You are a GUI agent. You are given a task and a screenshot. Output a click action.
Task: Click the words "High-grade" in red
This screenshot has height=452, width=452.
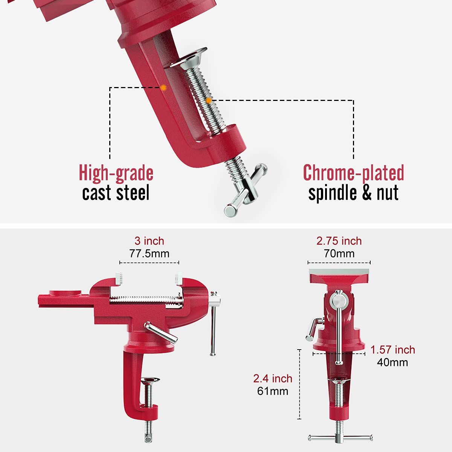(x=116, y=173)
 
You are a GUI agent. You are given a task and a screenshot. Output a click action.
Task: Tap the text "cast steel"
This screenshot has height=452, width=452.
(x=116, y=193)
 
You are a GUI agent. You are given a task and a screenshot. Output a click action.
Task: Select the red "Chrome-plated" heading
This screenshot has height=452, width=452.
(x=353, y=173)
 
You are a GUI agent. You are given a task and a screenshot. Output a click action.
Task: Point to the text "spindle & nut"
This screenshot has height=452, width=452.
(x=353, y=193)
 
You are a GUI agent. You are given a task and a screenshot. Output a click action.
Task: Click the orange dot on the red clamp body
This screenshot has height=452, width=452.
(x=163, y=87)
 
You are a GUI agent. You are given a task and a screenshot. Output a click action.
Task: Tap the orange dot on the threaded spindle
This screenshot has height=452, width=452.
(x=209, y=101)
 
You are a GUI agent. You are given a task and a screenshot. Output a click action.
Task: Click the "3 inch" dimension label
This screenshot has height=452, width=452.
(x=149, y=241)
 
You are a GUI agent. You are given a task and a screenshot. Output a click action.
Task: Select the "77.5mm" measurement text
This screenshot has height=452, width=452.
(x=149, y=253)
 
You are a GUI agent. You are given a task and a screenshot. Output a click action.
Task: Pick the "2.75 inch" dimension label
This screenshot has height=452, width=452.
(x=339, y=241)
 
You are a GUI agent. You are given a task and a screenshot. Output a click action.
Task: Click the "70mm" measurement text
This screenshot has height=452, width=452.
(x=339, y=253)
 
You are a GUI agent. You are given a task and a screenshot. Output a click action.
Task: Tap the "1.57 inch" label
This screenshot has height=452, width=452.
(x=392, y=350)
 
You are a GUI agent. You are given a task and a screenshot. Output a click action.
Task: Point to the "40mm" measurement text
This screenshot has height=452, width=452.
(x=392, y=362)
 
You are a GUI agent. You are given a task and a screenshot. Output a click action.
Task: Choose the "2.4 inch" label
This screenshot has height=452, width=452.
(x=273, y=379)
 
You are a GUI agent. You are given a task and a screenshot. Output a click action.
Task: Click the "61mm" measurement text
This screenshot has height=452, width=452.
(x=273, y=391)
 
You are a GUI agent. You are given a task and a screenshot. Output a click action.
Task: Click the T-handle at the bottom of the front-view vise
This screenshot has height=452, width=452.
(x=340, y=438)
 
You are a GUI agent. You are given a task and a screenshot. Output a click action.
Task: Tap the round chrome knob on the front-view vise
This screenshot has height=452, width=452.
(x=338, y=301)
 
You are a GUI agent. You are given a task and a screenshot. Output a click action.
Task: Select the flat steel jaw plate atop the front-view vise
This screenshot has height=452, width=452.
(x=339, y=272)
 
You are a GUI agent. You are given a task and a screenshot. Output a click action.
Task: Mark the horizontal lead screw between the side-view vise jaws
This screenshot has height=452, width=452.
(x=145, y=300)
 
